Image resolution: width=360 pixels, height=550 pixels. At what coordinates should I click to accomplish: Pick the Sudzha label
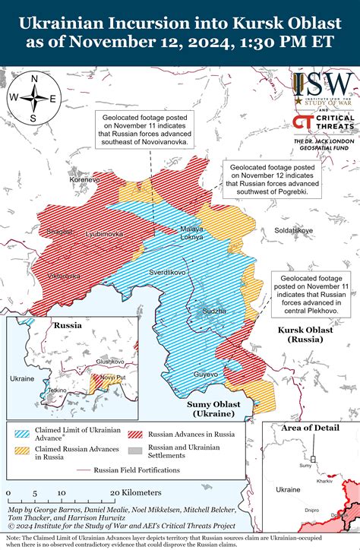click(x=213, y=311)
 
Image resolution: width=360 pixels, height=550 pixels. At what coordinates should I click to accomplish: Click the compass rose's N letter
click(x=34, y=77)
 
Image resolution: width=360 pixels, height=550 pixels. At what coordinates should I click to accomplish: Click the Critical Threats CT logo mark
click(x=303, y=125)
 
